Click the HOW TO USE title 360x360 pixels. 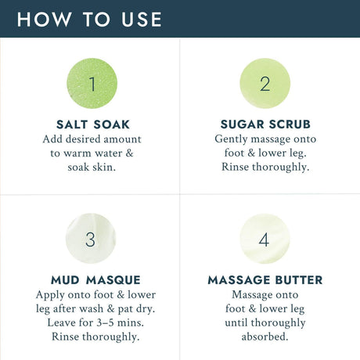click(89, 20)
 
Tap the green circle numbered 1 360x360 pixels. click(92, 83)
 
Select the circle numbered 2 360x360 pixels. click(265, 83)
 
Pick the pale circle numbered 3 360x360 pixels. click(91, 239)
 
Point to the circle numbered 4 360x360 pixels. click(265, 239)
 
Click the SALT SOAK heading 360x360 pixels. click(93, 124)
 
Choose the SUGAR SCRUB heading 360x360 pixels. click(265, 124)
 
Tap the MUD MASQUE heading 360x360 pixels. click(95, 280)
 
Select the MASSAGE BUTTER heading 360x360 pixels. click(265, 280)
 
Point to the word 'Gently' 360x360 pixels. click(231, 139)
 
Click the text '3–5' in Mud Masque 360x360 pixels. click(105, 323)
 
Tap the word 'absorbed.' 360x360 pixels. click(265, 337)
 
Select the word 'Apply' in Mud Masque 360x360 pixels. click(50, 295)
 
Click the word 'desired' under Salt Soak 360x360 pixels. click(83, 139)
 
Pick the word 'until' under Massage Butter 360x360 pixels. click(236, 323)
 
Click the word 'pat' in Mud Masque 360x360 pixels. click(125, 309)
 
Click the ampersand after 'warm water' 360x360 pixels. click(129, 153)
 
